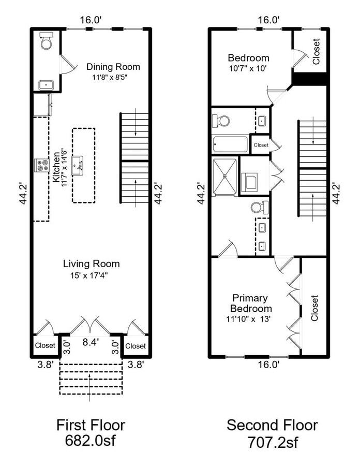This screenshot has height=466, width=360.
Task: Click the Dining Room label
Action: (113, 67)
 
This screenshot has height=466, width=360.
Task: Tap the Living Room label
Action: (92, 264)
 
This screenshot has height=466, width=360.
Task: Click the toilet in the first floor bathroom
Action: (47, 41)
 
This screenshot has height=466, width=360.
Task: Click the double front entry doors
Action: (91, 326)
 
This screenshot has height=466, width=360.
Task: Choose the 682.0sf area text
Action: (91, 443)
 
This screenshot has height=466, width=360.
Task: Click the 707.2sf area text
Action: (272, 443)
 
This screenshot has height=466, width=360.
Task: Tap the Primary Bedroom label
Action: (250, 303)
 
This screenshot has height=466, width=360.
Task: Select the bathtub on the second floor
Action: (230, 143)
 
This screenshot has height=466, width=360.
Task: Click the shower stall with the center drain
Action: (226, 176)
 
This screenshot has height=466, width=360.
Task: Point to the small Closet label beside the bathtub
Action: (261, 145)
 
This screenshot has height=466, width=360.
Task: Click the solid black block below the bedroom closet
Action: (310, 79)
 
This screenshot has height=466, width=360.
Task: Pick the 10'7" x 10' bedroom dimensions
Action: (248, 68)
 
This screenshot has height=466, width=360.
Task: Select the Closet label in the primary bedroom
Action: (314, 309)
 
